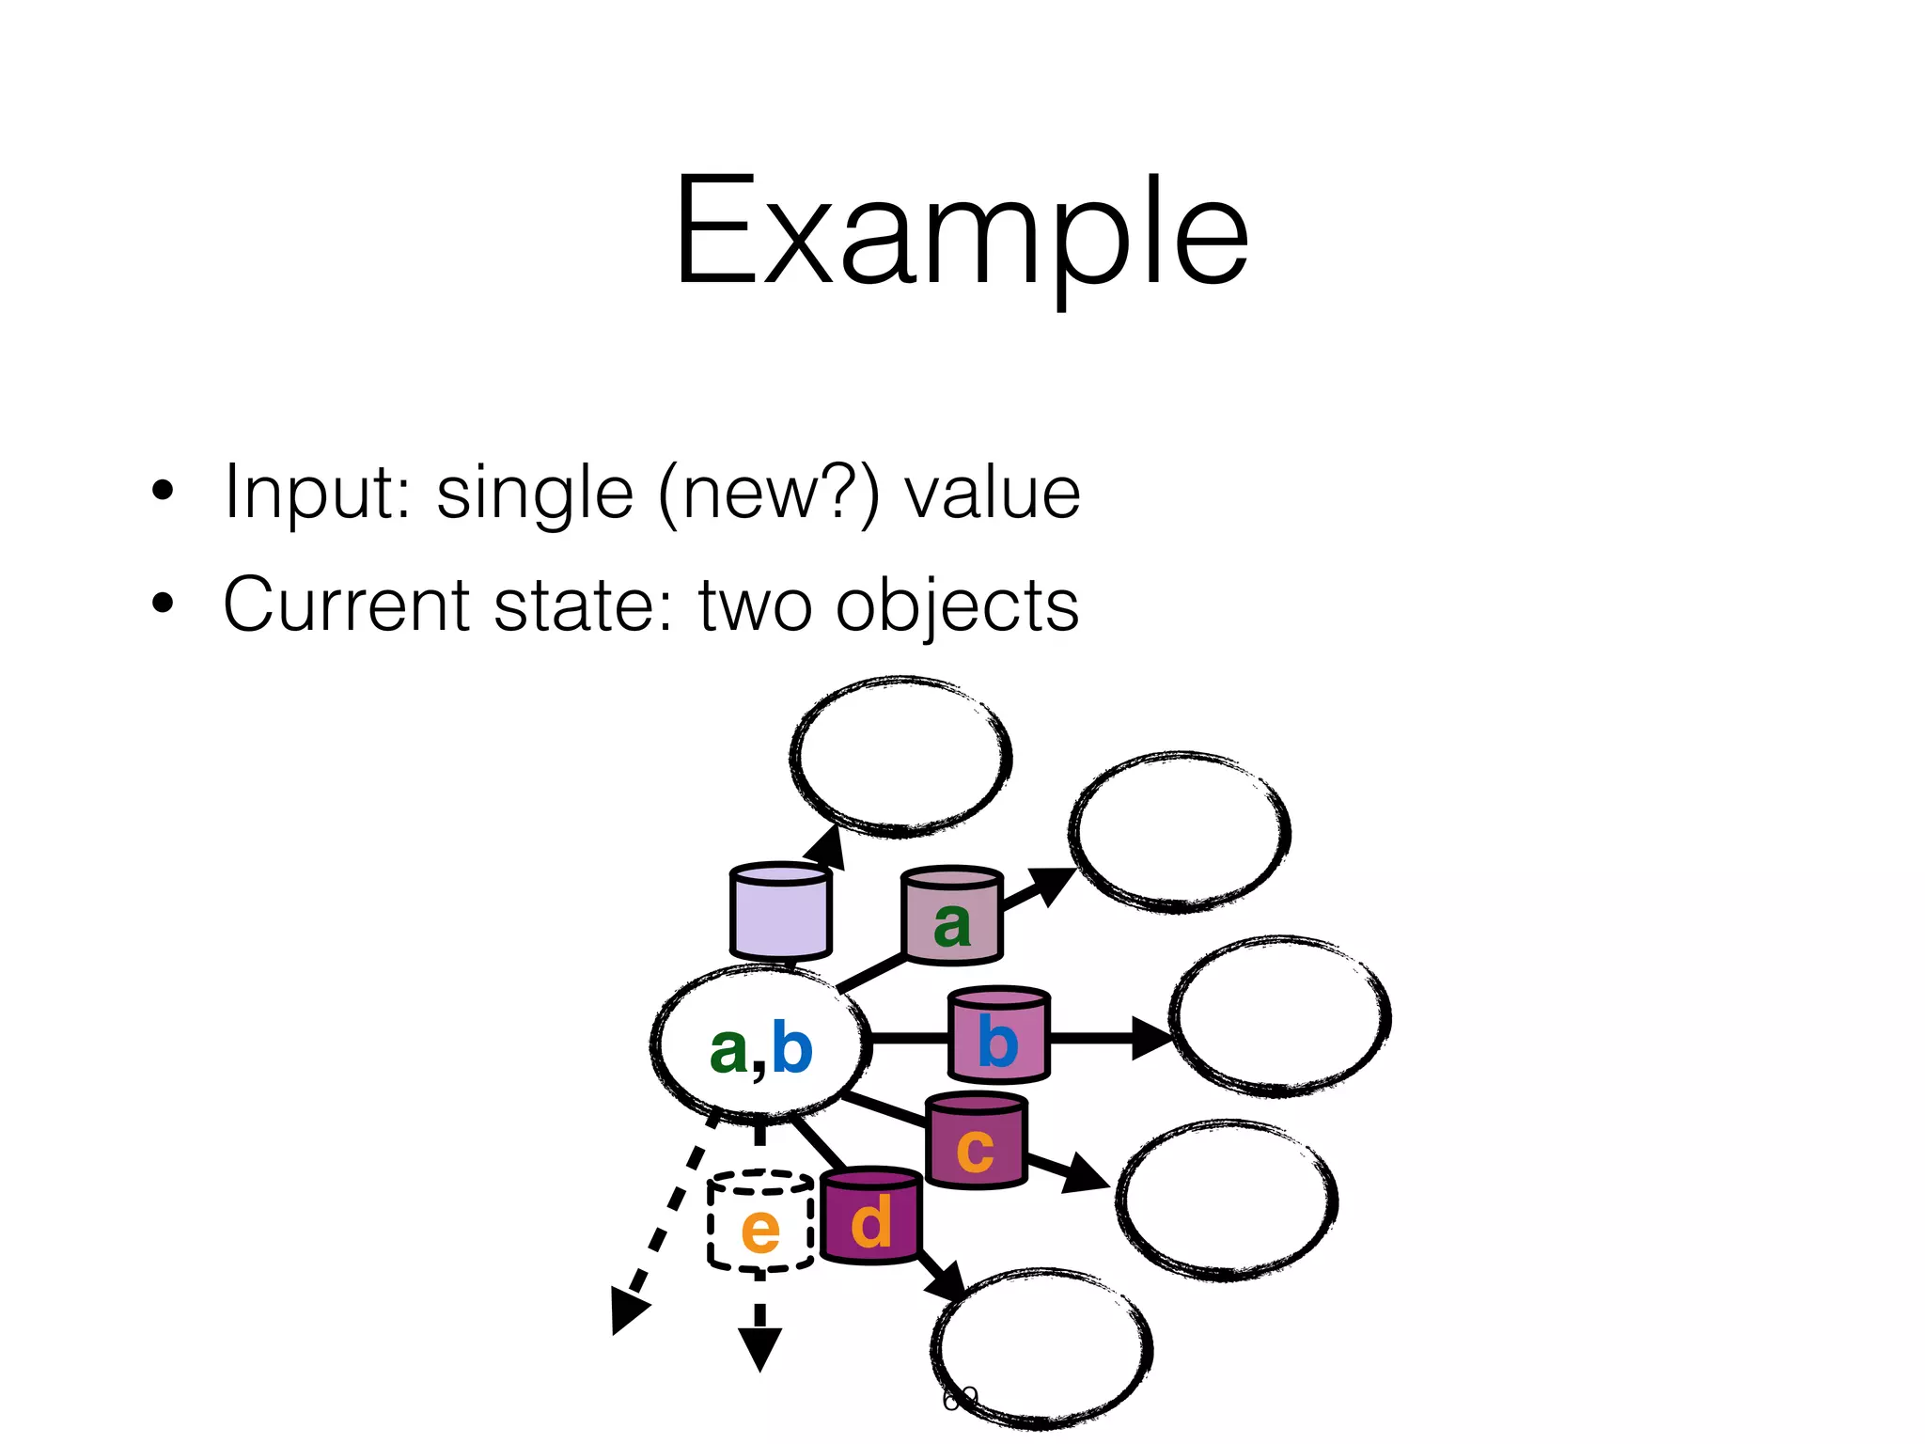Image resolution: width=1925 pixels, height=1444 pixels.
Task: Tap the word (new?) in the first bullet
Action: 769,492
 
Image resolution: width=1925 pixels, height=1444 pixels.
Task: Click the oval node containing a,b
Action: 759,1045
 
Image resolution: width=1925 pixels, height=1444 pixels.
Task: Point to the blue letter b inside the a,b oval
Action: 791,1047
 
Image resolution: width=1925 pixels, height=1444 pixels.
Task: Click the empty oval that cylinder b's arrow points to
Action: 1279,1017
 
